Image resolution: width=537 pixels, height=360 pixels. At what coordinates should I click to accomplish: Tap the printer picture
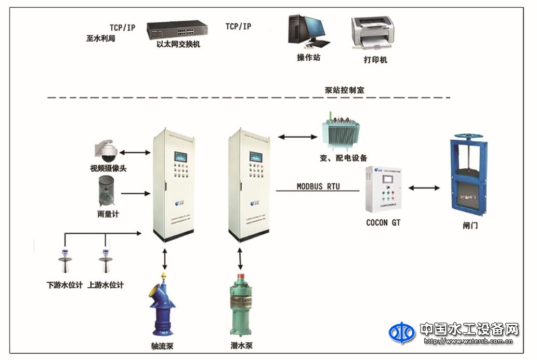click(x=372, y=34)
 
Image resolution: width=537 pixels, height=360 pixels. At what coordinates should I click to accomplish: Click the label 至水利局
click(x=100, y=38)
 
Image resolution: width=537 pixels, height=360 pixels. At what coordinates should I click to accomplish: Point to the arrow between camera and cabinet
click(x=133, y=153)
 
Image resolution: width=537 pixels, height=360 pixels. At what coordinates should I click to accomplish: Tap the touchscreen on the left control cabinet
click(x=181, y=156)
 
